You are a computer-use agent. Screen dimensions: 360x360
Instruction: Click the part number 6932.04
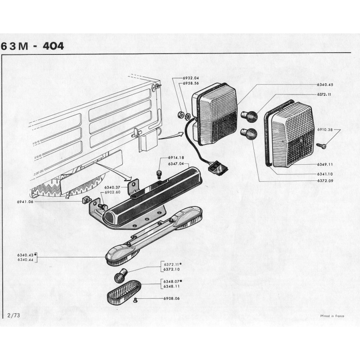[190, 78]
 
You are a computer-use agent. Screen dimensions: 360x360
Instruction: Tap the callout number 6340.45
[324, 85]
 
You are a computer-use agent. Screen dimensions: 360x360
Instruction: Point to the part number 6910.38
[324, 130]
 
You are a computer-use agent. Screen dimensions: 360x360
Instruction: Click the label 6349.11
[324, 165]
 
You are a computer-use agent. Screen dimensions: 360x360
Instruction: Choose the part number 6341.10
[324, 174]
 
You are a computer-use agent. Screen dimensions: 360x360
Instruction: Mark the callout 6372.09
[324, 181]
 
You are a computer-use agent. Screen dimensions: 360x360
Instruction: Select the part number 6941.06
[26, 202]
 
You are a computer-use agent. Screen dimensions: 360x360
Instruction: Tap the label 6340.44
[25, 260]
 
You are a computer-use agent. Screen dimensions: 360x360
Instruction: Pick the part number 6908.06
[171, 298]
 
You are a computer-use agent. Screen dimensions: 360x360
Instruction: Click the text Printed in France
[332, 316]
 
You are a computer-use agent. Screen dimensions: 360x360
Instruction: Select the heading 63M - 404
[32, 46]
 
